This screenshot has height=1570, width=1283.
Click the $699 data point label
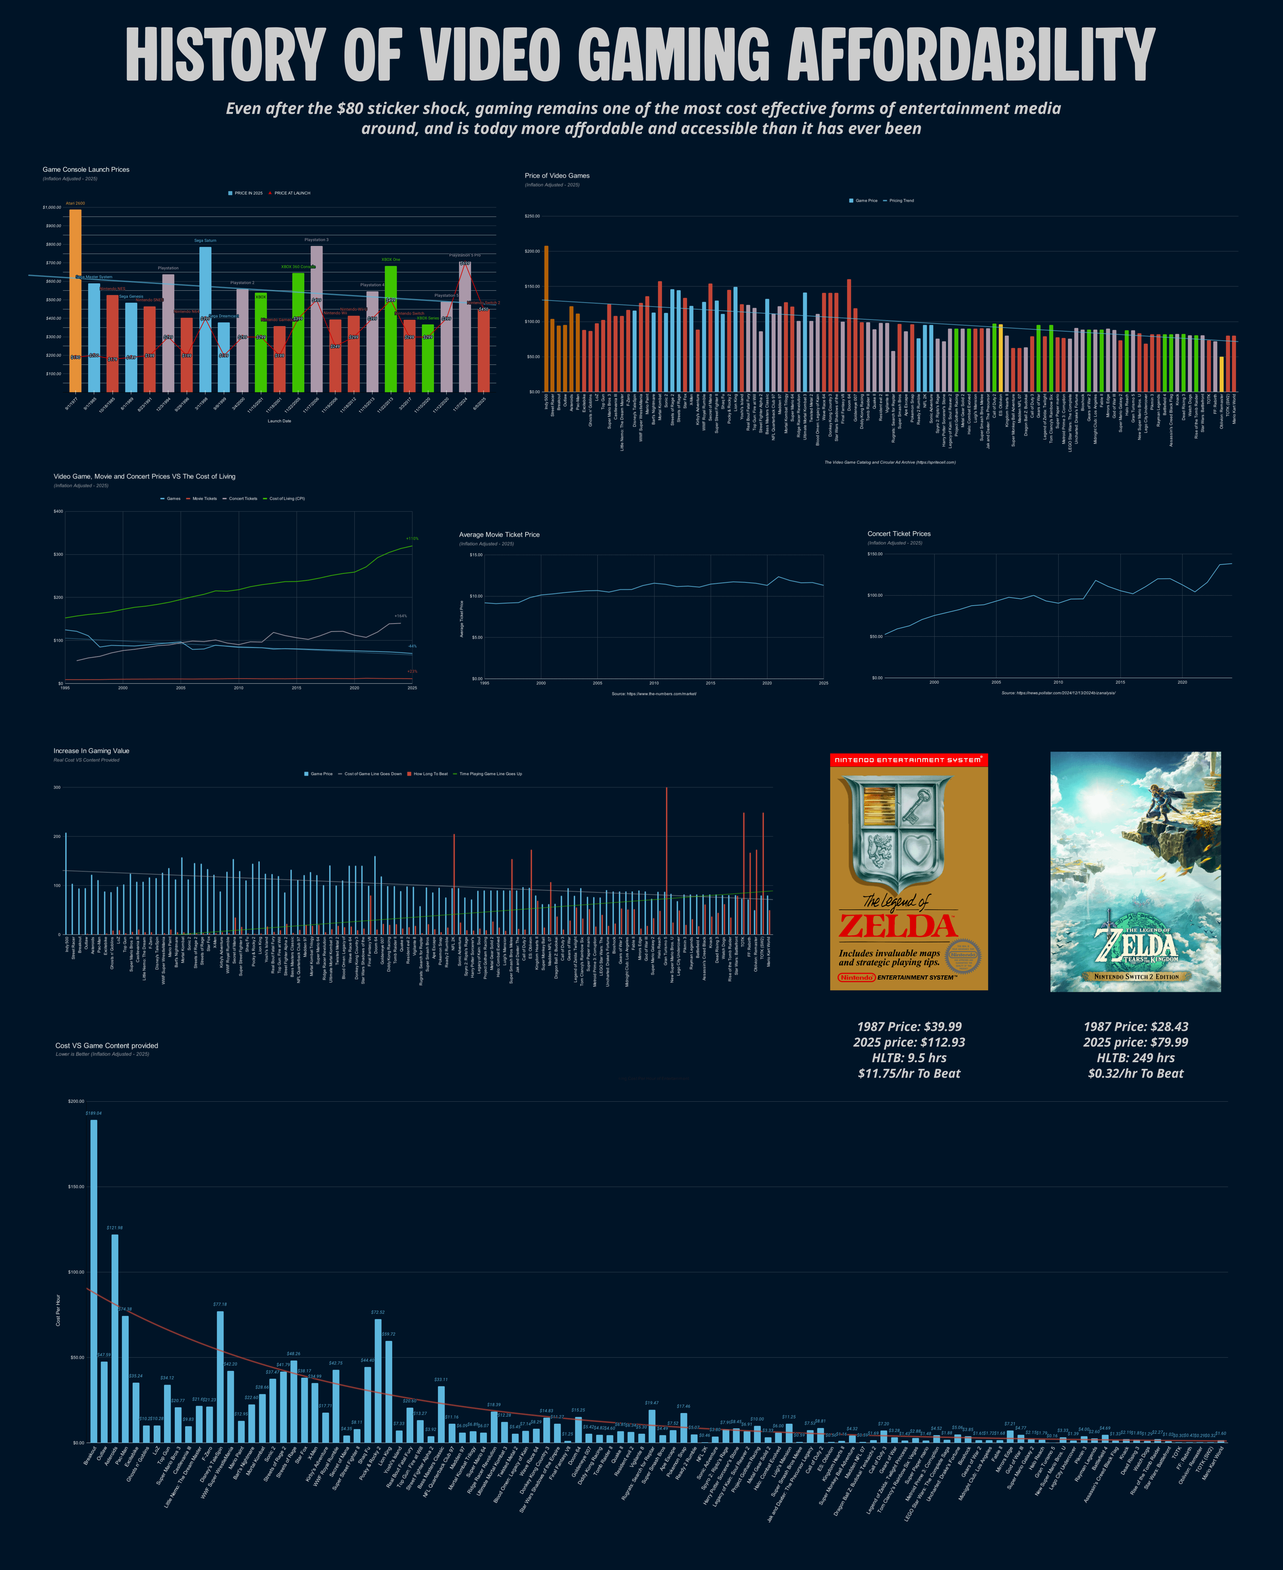click(x=465, y=263)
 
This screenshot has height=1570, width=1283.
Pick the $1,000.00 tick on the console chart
click(x=52, y=208)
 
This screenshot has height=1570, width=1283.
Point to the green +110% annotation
click(x=412, y=538)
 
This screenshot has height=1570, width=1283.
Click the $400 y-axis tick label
click(x=58, y=511)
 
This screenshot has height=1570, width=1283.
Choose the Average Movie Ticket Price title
click(x=499, y=534)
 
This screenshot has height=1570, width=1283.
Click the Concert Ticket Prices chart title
click(x=899, y=533)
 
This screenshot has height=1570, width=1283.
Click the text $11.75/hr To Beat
click(x=909, y=1074)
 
